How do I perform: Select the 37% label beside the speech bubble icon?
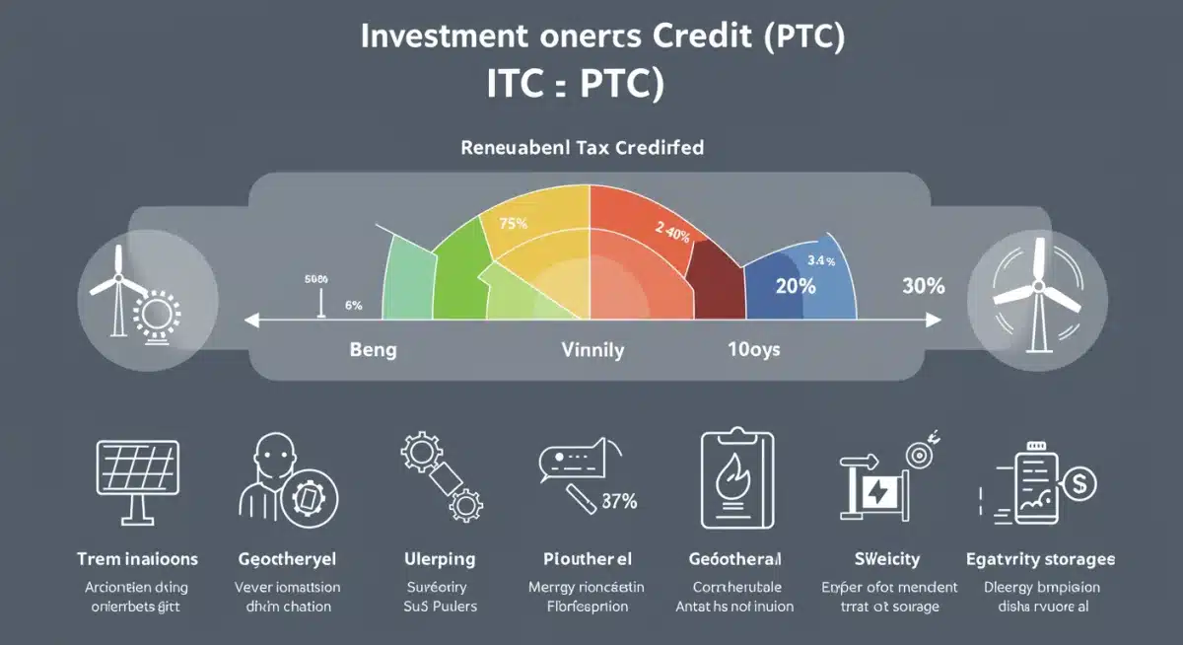click(618, 501)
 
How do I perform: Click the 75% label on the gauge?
click(514, 223)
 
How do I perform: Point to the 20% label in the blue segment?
click(795, 286)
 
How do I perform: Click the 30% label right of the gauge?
click(923, 286)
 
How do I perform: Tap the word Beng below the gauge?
click(373, 350)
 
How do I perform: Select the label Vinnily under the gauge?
click(592, 350)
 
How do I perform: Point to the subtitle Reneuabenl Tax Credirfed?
click(582, 148)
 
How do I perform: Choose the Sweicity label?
click(888, 559)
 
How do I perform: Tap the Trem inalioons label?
click(137, 559)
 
